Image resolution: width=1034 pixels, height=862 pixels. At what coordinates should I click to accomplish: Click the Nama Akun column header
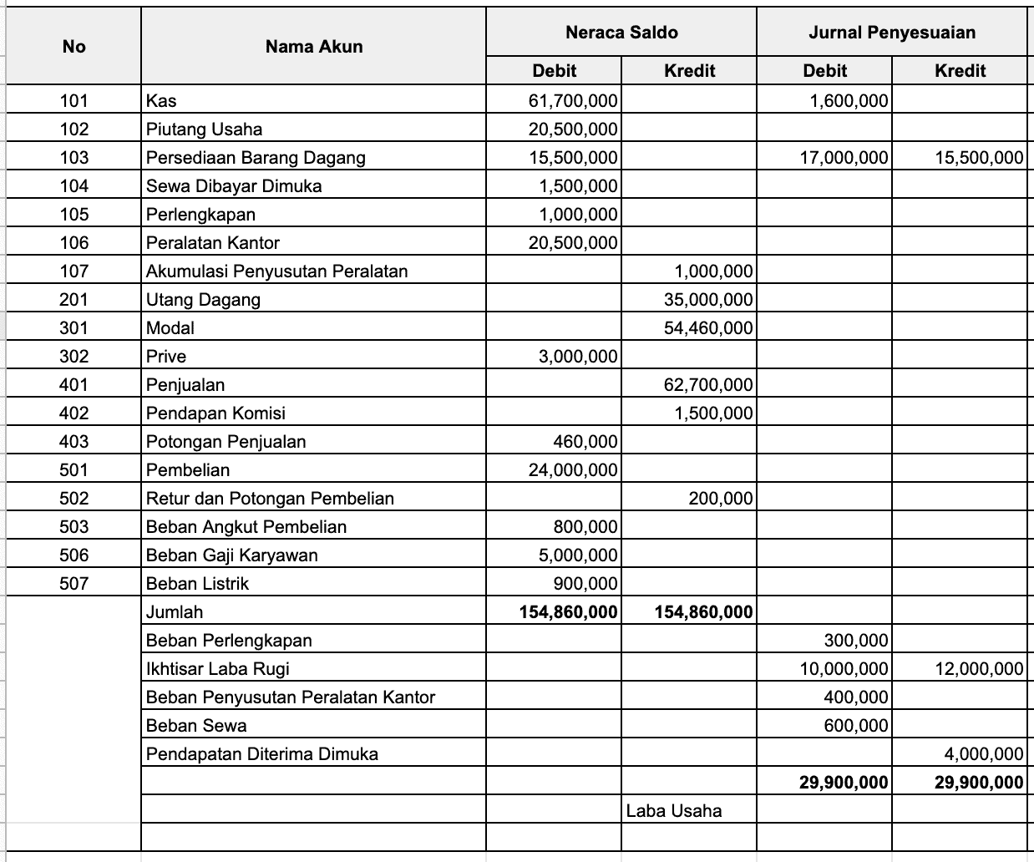[314, 47]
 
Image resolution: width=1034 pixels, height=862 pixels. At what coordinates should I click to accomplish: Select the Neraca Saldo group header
[621, 33]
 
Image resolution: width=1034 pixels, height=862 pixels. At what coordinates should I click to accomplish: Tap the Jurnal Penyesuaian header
[892, 33]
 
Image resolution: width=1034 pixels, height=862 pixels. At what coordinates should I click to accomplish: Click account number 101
[73, 101]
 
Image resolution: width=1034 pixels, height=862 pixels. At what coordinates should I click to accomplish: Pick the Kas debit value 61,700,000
[573, 101]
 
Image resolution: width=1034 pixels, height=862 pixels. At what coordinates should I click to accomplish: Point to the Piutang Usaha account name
[204, 129]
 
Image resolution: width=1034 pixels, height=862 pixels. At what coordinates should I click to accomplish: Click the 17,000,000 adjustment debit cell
[844, 158]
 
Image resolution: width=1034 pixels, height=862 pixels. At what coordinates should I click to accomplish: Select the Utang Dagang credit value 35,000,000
[708, 300]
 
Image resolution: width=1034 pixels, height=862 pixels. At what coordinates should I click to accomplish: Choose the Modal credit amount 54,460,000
[708, 328]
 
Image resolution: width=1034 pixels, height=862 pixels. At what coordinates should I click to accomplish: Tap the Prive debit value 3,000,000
[578, 357]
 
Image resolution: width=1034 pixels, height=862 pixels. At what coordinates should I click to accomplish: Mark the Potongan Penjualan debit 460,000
[585, 442]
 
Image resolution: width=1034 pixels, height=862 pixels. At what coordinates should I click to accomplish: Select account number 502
[73, 499]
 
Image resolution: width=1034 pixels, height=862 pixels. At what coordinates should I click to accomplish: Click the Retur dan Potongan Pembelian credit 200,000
[721, 499]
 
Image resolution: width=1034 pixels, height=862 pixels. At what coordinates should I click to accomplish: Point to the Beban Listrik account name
[197, 584]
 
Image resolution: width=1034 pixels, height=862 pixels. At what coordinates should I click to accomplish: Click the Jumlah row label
[175, 612]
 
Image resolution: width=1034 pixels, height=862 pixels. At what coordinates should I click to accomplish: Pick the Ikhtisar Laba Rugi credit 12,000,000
[979, 669]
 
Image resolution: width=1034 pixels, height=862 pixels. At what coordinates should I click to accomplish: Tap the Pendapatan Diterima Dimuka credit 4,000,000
[984, 754]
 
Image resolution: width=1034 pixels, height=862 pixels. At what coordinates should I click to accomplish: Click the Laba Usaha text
[674, 810]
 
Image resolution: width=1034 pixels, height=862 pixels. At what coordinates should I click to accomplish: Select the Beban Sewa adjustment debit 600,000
[856, 726]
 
